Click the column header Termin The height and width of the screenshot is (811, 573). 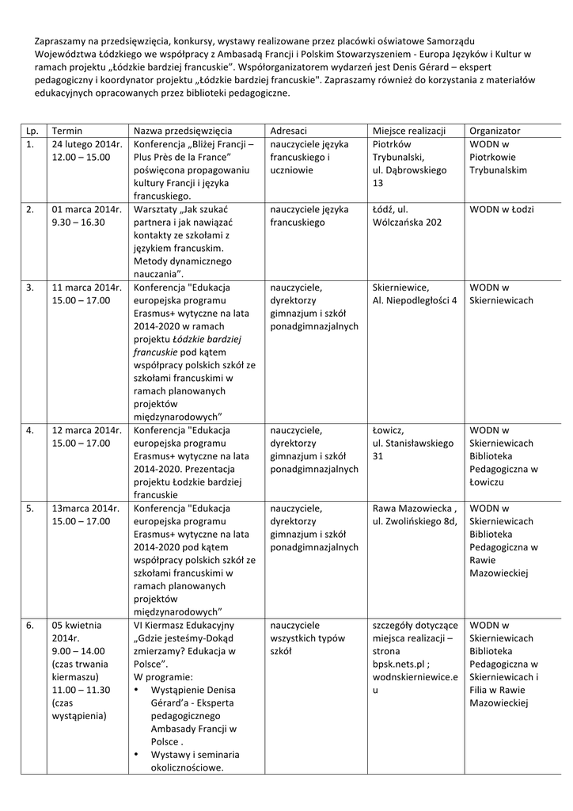point(67,130)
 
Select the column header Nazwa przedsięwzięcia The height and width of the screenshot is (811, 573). point(182,130)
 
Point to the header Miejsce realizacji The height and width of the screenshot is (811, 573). point(408,130)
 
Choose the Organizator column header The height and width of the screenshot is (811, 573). point(495,130)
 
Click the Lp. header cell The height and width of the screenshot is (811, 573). point(32,130)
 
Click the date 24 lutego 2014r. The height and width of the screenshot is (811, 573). point(87,145)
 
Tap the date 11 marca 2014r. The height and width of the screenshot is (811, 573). point(86,287)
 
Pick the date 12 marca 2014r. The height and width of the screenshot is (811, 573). point(86,430)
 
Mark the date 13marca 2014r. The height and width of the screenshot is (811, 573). point(85,508)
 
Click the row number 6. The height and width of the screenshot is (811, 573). point(29,626)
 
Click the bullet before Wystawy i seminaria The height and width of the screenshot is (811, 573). point(138,754)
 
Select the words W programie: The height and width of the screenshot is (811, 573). point(163,677)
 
